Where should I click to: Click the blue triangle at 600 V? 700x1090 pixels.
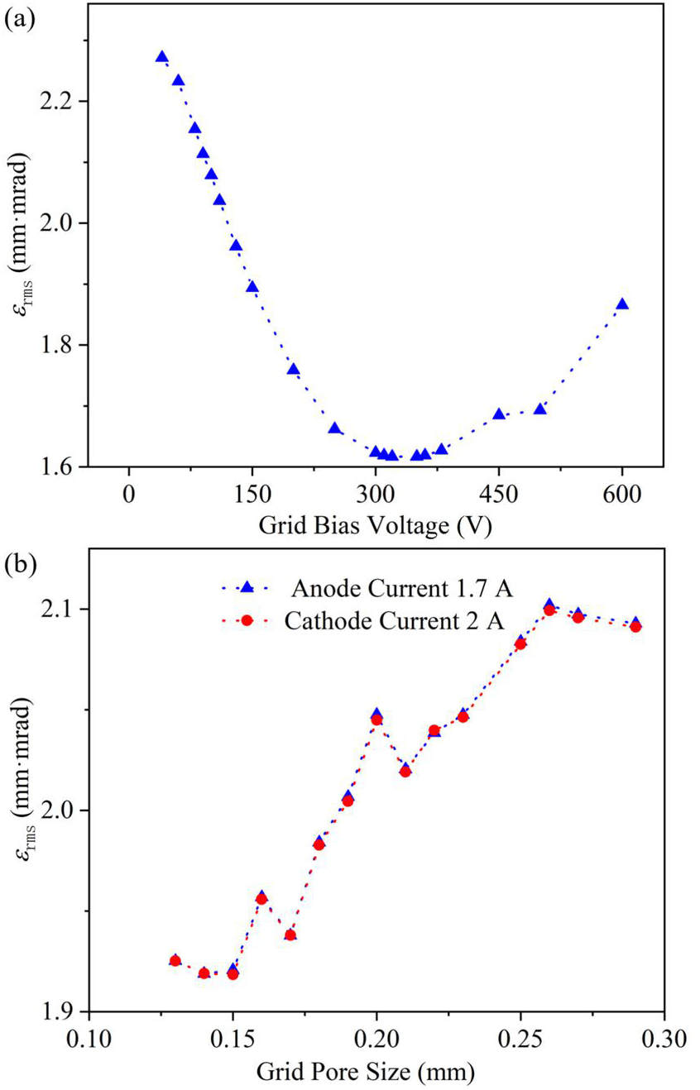pos(622,304)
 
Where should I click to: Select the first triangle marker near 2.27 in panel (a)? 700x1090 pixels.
pos(162,57)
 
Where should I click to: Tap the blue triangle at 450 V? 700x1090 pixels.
pos(499,414)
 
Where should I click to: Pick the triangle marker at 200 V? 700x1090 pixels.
pos(293,369)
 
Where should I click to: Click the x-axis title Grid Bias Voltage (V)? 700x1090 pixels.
pos(376,524)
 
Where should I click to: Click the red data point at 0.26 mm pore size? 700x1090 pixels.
pos(549,610)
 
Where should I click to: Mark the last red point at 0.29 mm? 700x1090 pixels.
pos(635,626)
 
